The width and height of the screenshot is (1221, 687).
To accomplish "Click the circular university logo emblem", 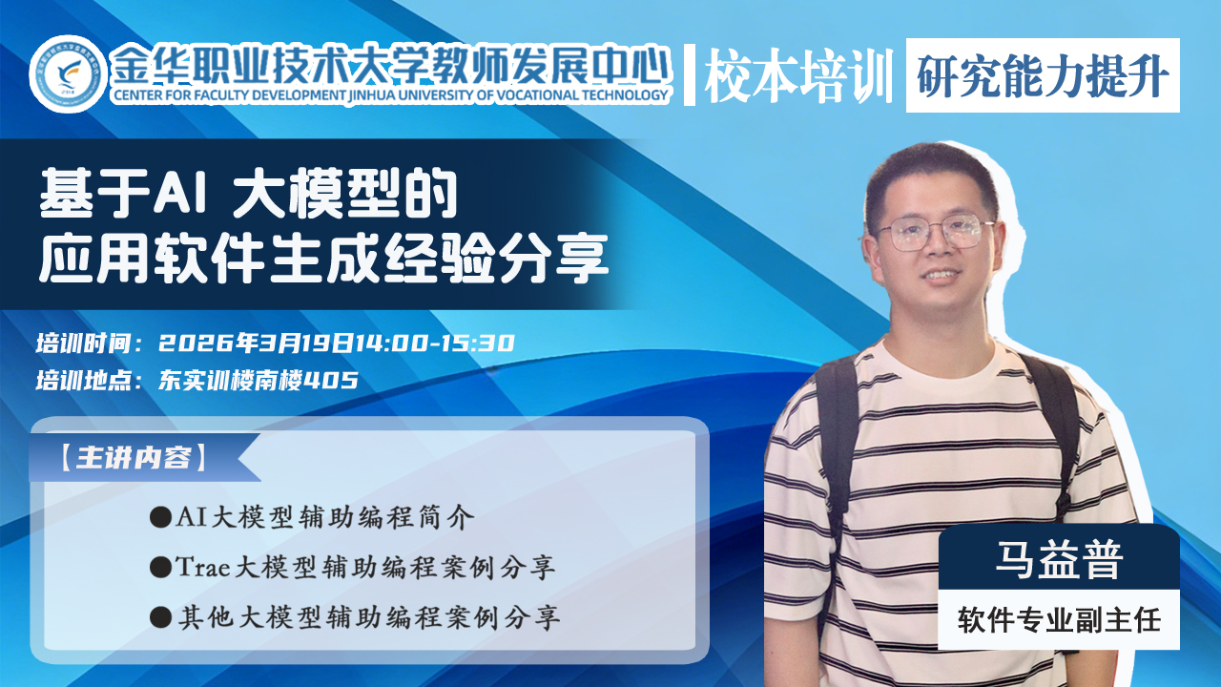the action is [x=68, y=74].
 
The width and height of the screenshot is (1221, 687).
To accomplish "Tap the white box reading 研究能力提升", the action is [x=1043, y=75].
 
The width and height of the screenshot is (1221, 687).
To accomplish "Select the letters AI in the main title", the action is [x=180, y=193].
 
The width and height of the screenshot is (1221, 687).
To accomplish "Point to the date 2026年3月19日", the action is [x=257, y=343].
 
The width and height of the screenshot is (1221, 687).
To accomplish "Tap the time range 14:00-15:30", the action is [x=435, y=343].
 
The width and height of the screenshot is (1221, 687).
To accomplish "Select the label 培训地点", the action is [x=84, y=380].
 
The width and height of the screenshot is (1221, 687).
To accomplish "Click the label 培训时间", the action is [x=84, y=343].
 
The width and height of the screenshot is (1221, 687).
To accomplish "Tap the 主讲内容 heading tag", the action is [x=134, y=457].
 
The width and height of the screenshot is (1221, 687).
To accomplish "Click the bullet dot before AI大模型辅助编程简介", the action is [x=160, y=517].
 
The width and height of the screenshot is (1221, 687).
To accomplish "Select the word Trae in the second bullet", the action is [x=202, y=567].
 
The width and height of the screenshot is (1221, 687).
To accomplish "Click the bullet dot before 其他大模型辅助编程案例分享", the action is [x=160, y=618].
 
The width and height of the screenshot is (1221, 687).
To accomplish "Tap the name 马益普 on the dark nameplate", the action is [x=1059, y=559].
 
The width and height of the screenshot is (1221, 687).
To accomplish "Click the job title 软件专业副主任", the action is [x=1059, y=620].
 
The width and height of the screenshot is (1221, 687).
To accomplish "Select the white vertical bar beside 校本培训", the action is [x=689, y=74].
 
